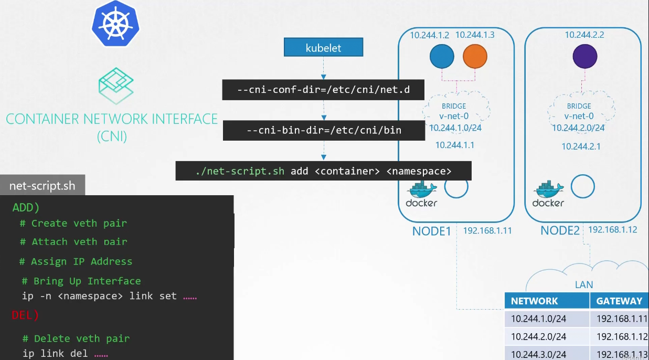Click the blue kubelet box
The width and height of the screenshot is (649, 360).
pyautogui.click(x=323, y=47)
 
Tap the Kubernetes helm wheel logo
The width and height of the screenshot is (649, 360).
pyautogui.click(x=115, y=24)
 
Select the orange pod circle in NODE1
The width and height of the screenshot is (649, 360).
pyautogui.click(x=475, y=56)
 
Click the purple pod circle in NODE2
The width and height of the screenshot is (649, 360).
pyautogui.click(x=584, y=56)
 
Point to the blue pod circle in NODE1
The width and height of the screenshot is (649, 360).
pyautogui.click(x=442, y=56)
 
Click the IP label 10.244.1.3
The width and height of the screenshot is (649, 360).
pyautogui.click(x=475, y=35)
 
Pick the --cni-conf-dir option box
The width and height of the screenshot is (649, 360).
pyautogui.click(x=323, y=90)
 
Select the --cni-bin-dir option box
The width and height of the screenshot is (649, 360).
pyautogui.click(x=324, y=131)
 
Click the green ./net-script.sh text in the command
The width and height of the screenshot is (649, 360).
pyautogui.click(x=240, y=171)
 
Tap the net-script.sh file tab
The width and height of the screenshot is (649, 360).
pyautogui.click(x=42, y=185)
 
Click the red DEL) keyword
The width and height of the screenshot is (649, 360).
pyautogui.click(x=25, y=315)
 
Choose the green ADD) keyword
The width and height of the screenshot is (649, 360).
pyautogui.click(x=26, y=207)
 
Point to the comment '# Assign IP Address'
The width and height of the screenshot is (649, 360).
pyautogui.click(x=76, y=261)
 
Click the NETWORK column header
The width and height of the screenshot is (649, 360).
pyautogui.click(x=534, y=301)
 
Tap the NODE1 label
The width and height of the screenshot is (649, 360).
pyautogui.click(x=432, y=231)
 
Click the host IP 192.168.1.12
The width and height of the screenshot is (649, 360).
pyautogui.click(x=612, y=230)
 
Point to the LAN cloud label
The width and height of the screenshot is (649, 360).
pyautogui.click(x=584, y=284)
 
